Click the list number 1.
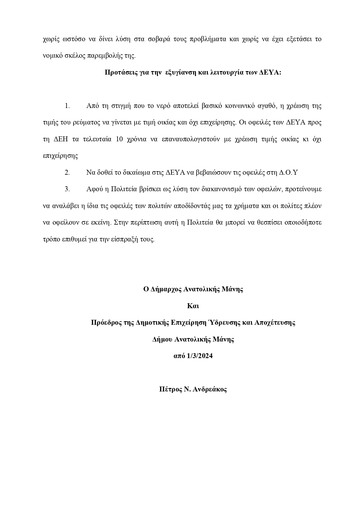(67, 106)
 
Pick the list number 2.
(67, 173)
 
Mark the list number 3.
(67, 189)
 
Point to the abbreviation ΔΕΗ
(61, 139)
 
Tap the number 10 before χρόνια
(120, 139)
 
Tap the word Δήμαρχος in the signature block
(167, 289)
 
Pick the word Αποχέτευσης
(275, 323)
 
